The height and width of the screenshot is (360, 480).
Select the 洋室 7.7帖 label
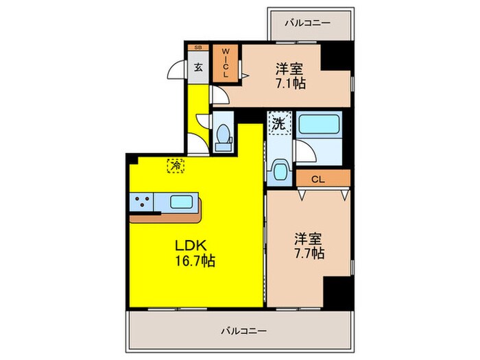[x=310, y=245]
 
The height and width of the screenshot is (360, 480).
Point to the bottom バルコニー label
[x=243, y=331]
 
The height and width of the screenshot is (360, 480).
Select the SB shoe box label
[x=198, y=47]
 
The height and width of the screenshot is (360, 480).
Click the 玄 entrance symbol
[x=198, y=67]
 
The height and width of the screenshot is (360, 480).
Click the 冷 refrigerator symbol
[x=176, y=165]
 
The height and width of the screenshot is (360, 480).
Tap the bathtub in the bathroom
[x=320, y=125]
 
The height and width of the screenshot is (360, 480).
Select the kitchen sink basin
[x=181, y=202]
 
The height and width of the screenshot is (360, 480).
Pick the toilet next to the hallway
[x=223, y=136]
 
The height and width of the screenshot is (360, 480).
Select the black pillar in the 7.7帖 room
[x=337, y=291]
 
